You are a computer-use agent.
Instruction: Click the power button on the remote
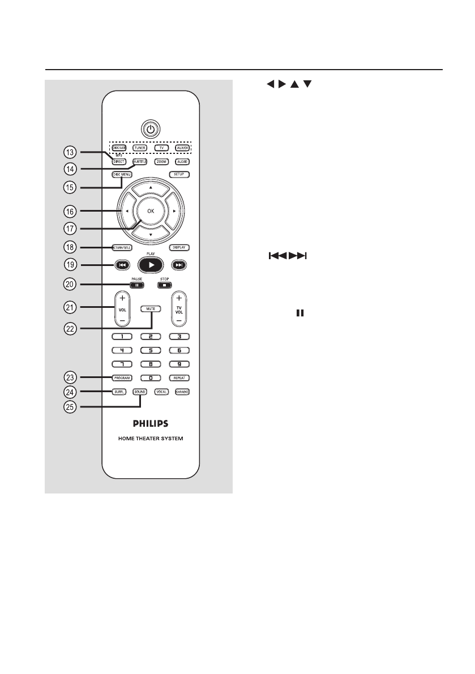coord(150,130)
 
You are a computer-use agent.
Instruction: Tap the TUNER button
coord(140,148)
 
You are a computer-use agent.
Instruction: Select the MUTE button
coord(150,308)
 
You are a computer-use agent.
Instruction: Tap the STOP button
coord(162,285)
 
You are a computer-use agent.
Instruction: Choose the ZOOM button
coord(161,162)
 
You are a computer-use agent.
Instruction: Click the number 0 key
coord(150,377)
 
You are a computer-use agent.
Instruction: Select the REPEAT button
coord(179,377)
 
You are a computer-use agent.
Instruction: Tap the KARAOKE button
coord(181,392)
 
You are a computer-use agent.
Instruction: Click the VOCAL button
coord(161,392)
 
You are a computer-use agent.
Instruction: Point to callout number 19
coord(69,264)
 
